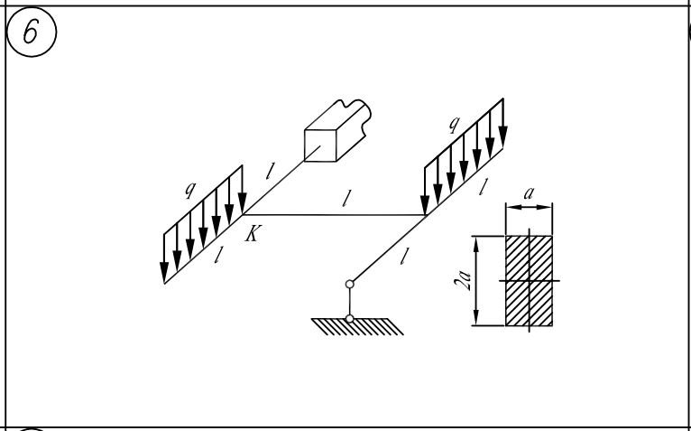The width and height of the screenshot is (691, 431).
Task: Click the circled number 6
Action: pyautogui.click(x=32, y=32)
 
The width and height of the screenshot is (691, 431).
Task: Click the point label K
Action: pyautogui.click(x=253, y=233)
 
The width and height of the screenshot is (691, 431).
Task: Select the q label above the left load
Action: pyautogui.click(x=190, y=190)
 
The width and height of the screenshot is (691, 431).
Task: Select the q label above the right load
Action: pyautogui.click(x=454, y=124)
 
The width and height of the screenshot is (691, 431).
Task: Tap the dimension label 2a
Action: pyautogui.click(x=463, y=281)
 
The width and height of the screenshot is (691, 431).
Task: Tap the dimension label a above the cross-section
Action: pyautogui.click(x=529, y=193)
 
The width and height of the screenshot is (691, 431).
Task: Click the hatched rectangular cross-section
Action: pyautogui.click(x=529, y=281)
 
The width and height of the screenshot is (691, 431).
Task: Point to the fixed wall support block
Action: pyautogui.click(x=337, y=131)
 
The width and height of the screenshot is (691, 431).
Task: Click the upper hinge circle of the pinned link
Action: pyautogui.click(x=349, y=284)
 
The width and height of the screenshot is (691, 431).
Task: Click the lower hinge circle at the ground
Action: pyautogui.click(x=349, y=318)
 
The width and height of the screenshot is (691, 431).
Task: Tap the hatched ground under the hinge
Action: pyautogui.click(x=357, y=326)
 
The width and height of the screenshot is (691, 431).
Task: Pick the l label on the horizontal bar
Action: pyautogui.click(x=346, y=199)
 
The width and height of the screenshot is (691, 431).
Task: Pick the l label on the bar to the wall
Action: pyautogui.click(x=271, y=171)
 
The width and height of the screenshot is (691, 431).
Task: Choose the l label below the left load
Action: pyautogui.click(x=217, y=255)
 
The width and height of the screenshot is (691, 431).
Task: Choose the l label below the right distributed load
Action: pyautogui.click(x=484, y=187)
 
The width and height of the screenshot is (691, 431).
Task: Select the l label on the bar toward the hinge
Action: pyautogui.click(x=403, y=256)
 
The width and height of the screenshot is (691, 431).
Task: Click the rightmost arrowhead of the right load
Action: pyautogui.click(x=502, y=136)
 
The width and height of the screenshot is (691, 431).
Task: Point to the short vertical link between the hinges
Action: pyautogui.click(x=349, y=301)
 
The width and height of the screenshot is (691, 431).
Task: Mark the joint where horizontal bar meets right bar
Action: pyautogui.click(x=425, y=215)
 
